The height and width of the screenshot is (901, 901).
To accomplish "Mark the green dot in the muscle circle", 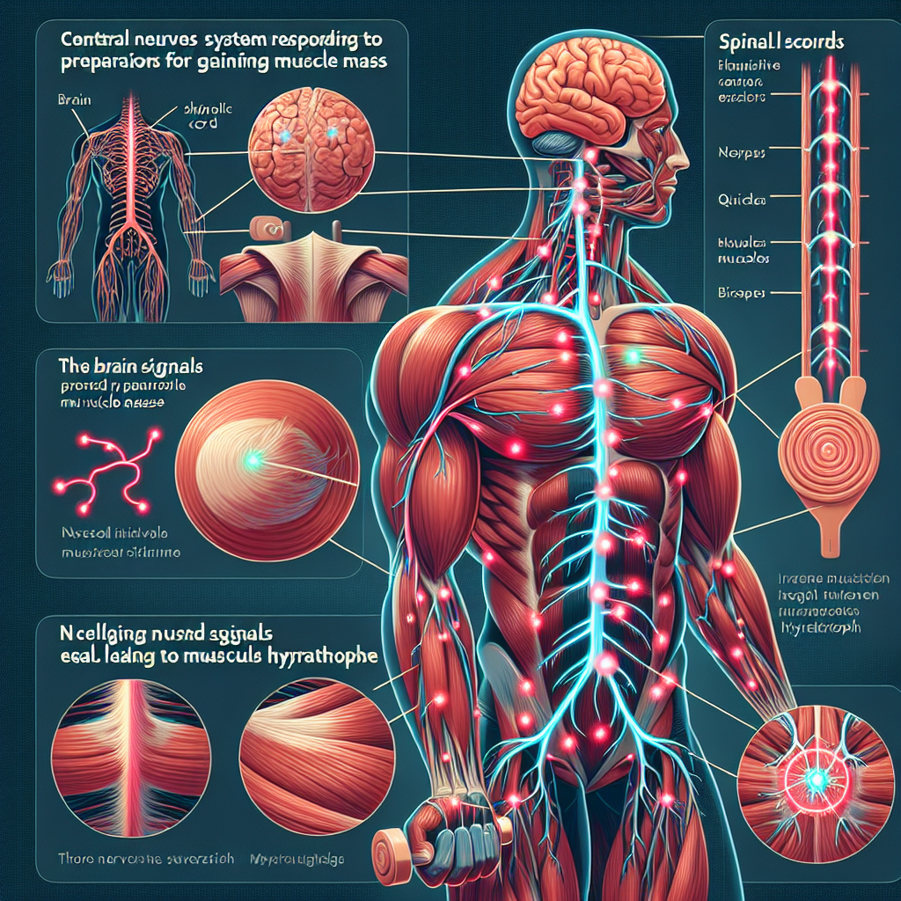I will (x=253, y=458).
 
